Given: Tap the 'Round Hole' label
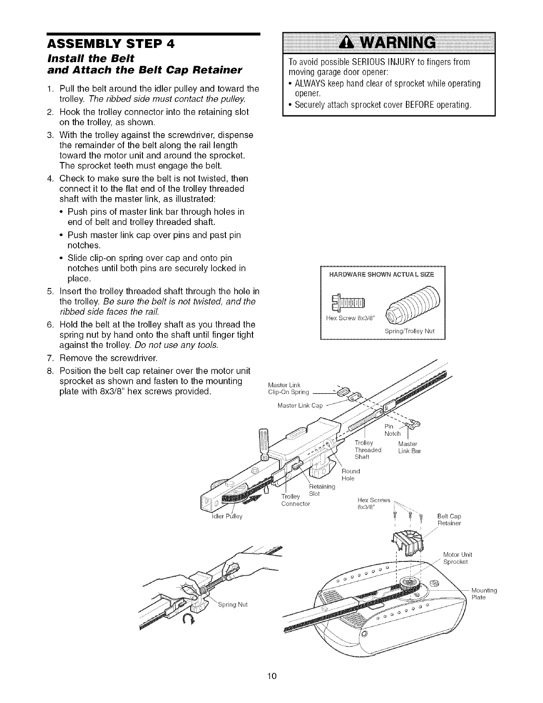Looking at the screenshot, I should pos(350,474).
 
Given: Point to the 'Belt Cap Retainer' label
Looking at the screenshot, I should pos(449,520).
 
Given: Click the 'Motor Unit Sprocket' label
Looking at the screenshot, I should pos(458,558).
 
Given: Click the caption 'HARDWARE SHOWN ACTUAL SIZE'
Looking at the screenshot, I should pos(382,274).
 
